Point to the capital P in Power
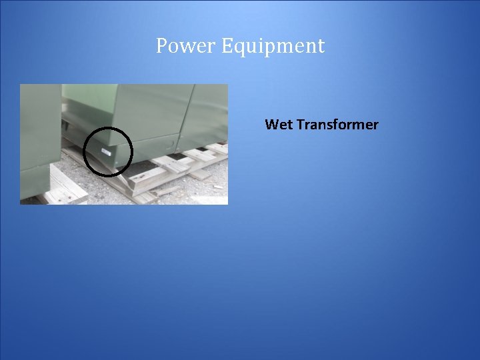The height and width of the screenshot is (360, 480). click(x=161, y=46)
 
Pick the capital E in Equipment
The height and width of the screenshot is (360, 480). click(x=227, y=46)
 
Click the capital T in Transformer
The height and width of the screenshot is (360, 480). click(x=300, y=125)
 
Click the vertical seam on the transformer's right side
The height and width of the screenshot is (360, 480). click(x=189, y=117)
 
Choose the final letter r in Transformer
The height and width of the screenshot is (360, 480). click(x=375, y=125)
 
